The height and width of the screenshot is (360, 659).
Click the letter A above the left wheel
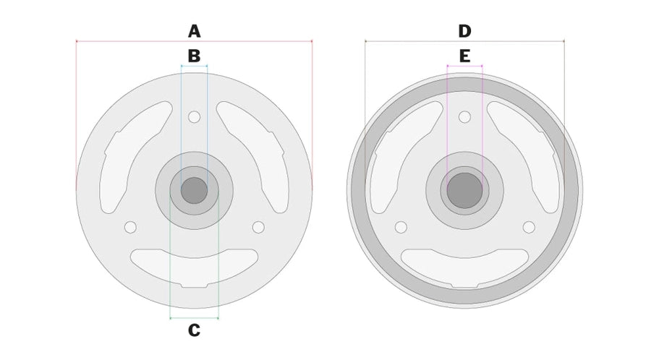[194, 31]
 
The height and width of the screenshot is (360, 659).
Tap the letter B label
[194, 56]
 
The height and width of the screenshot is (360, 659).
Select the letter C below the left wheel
[194, 330]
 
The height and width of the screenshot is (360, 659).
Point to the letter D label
[464, 31]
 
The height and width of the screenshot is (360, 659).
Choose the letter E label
[464, 56]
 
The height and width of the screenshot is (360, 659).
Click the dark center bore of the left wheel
[194, 190]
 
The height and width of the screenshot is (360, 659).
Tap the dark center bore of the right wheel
[464, 190]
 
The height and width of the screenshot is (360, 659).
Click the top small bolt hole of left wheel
[194, 117]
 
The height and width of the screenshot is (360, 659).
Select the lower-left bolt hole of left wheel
[130, 227]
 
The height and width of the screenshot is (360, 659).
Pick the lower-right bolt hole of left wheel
[258, 227]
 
